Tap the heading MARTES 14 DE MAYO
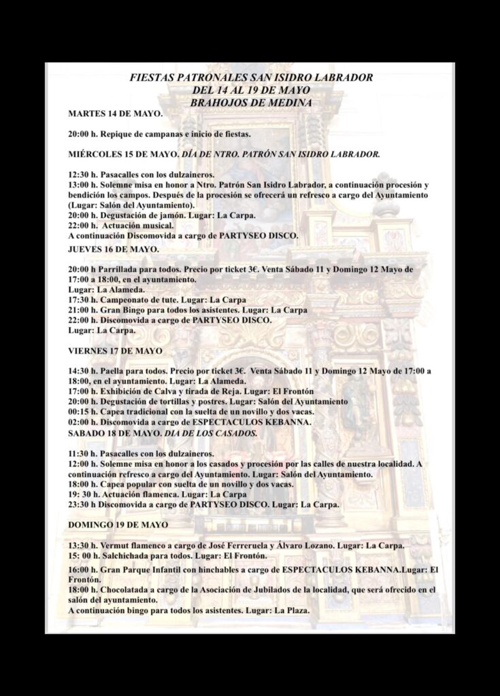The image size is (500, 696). point(115,113)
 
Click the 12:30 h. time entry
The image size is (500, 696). point(82,175)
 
